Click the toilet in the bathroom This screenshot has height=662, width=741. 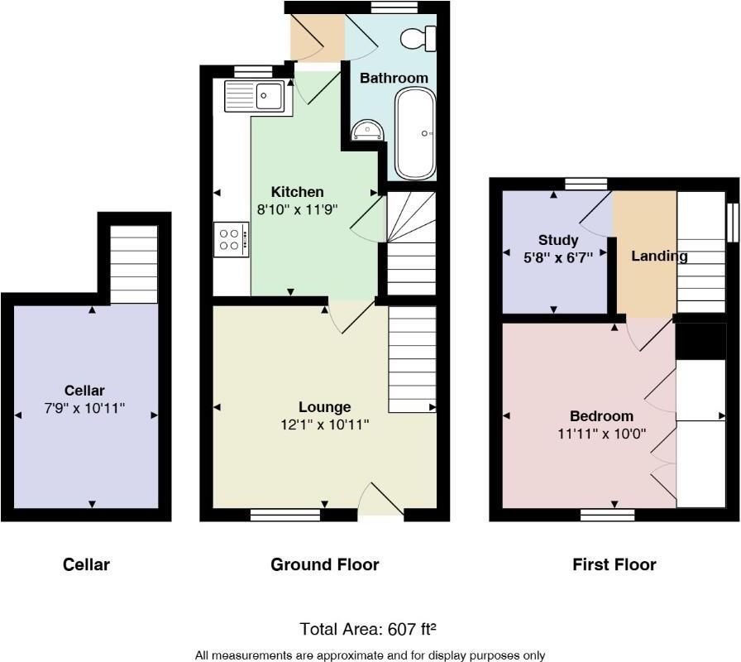[418, 37]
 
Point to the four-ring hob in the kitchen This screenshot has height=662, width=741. [232, 238]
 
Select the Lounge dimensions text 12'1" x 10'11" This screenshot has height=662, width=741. [323, 425]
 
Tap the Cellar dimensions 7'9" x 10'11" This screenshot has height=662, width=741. [85, 408]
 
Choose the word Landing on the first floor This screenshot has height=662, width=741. [659, 256]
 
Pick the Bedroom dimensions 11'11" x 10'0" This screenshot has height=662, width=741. [601, 433]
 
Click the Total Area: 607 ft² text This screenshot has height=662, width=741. [370, 629]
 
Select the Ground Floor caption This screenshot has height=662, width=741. [324, 564]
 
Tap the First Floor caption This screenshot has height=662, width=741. [614, 564]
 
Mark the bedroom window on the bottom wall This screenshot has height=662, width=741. [607, 515]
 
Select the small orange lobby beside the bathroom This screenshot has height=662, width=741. [315, 38]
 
